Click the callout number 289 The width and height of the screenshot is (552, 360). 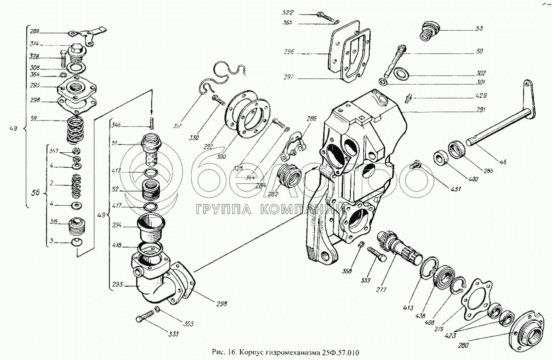click(x=34, y=31)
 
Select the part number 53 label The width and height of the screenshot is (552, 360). click(x=479, y=29)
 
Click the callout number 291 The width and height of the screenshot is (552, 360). click(x=480, y=110)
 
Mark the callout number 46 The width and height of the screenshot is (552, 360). click(x=503, y=162)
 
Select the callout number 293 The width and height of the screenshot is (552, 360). click(x=117, y=284)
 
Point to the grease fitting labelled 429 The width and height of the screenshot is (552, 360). click(x=408, y=98)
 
